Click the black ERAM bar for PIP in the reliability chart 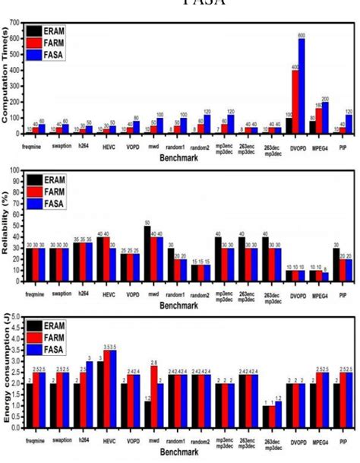(336, 265)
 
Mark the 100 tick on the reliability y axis (16, 170)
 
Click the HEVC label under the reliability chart (109, 289)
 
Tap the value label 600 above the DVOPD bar (302, 35)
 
